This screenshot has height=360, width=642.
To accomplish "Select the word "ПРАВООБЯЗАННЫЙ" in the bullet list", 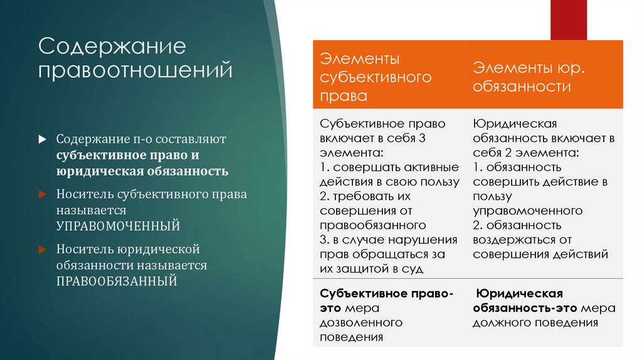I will coord(116,280).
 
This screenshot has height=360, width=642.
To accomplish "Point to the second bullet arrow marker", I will coord(42,194).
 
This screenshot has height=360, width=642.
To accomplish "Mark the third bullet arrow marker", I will coord(42,250).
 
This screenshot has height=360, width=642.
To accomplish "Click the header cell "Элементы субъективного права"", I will coord(389,77).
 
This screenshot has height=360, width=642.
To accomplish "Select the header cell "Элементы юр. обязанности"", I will coord(544,77).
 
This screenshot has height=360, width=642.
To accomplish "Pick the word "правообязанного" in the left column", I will coord(372,225).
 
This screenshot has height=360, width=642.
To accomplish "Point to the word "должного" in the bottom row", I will coord(500,322).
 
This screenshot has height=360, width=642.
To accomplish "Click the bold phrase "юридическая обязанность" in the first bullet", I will coord(142,171).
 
